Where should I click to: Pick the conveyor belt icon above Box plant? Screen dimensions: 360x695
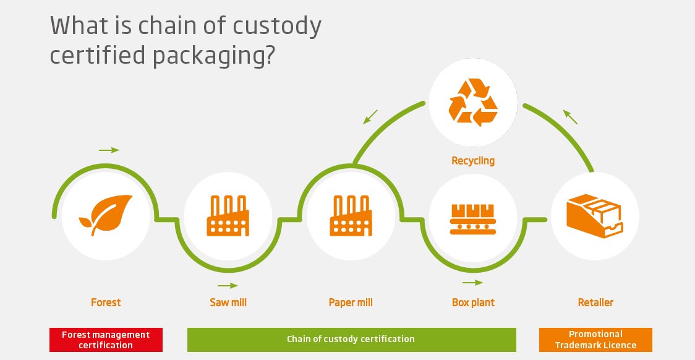click(472, 216)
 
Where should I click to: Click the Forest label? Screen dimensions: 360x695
click(106, 302)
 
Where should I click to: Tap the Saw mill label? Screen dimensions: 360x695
click(228, 302)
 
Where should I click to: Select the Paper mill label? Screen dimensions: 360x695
click(351, 302)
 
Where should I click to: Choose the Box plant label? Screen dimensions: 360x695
click(473, 302)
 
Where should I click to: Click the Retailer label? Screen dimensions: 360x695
click(595, 302)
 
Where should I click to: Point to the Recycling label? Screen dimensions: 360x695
click(473, 161)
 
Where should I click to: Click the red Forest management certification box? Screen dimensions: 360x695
click(106, 340)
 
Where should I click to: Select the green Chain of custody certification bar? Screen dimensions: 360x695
click(351, 339)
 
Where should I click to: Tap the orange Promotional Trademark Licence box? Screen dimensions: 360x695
click(595, 340)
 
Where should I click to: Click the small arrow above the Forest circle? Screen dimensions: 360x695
click(109, 150)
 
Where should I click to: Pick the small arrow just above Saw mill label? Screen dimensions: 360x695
click(228, 286)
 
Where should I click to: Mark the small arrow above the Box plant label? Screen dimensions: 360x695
click(473, 283)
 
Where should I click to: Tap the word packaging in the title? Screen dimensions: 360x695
click(210, 56)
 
